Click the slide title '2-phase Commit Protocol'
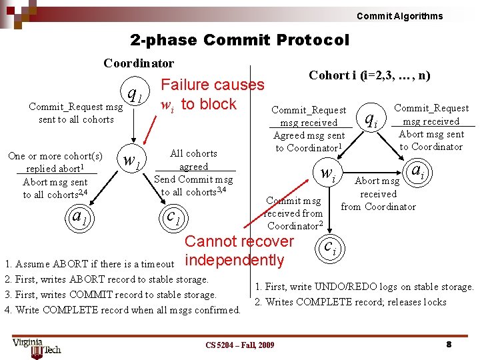[x=239, y=40]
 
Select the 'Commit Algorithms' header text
[x=399, y=16]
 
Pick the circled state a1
[x=81, y=217]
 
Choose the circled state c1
[x=174, y=217]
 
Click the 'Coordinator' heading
[x=139, y=63]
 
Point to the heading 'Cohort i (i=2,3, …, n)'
[x=369, y=75]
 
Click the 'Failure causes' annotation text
[x=213, y=85]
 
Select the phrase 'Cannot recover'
[x=239, y=241]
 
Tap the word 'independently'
[x=234, y=260]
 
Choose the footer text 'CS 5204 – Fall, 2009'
[x=239, y=345]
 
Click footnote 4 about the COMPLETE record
[x=123, y=309]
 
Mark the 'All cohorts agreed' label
[x=194, y=160]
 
